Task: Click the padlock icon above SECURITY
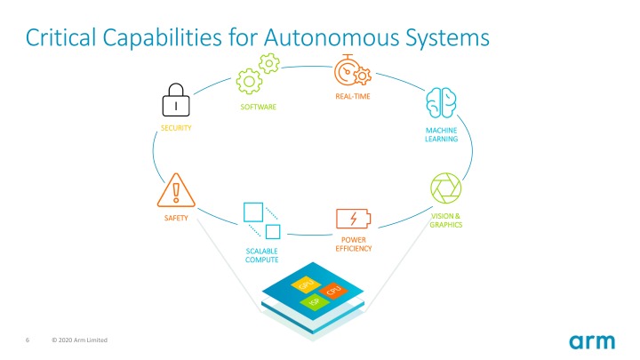click(176, 102)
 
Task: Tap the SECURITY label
click(176, 129)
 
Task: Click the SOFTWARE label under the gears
click(259, 107)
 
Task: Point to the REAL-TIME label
click(353, 95)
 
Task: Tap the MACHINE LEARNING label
click(442, 134)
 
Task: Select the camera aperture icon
click(445, 189)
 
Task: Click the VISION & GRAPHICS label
click(445, 220)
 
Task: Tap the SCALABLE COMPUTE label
click(262, 256)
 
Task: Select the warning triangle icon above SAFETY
click(175, 190)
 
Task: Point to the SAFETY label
click(175, 218)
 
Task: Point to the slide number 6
click(28, 340)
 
